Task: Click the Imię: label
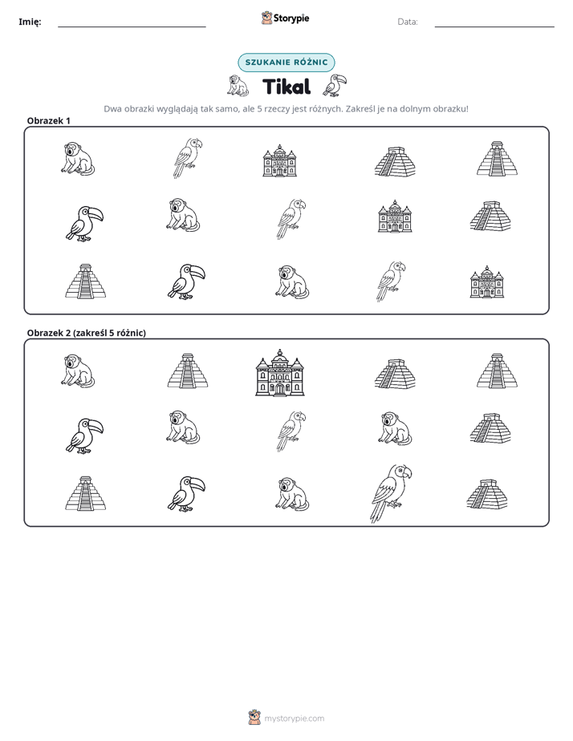(30, 22)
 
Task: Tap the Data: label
(408, 22)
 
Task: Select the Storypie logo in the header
(285, 18)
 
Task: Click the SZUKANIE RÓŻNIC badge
(286, 63)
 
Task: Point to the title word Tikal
(286, 87)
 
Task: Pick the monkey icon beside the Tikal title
(238, 86)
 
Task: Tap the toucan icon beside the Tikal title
(335, 85)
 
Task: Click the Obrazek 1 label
(49, 120)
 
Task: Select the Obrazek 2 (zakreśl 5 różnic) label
(87, 333)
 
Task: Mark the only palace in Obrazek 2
(280, 373)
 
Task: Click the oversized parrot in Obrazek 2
(390, 493)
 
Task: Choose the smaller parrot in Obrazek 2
(291, 431)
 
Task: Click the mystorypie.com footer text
(294, 719)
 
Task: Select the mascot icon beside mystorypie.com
(254, 718)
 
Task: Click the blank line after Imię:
(132, 26)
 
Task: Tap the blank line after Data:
(494, 26)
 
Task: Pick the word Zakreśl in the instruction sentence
(359, 109)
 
